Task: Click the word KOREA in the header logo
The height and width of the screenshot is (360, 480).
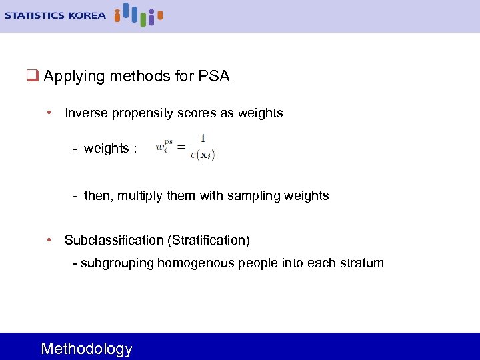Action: click(85, 15)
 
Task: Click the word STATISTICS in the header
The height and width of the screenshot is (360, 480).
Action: click(34, 15)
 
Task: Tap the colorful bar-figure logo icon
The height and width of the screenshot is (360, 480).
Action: click(138, 15)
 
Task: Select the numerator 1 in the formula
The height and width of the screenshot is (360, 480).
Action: click(203, 139)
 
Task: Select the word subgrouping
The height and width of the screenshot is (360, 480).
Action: click(117, 263)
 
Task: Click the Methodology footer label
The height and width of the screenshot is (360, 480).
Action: click(87, 349)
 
